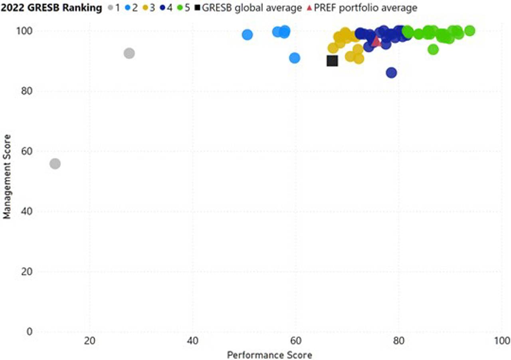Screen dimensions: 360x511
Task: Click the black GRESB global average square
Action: [332, 61]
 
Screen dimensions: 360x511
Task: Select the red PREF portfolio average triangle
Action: [376, 41]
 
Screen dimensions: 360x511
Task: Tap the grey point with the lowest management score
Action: [55, 164]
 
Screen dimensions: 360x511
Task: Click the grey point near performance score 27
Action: [129, 53]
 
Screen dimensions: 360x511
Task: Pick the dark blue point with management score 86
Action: [391, 73]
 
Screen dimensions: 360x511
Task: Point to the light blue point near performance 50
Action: [248, 35]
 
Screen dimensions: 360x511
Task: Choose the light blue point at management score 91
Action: [295, 58]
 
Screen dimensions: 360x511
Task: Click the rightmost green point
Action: [470, 31]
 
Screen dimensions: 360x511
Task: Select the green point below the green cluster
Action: [433, 49]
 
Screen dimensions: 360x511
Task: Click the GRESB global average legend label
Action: [252, 8]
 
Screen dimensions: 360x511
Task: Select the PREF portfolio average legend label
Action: [365, 8]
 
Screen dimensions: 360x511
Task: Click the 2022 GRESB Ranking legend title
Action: [51, 8]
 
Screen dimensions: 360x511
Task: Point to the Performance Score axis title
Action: [269, 354]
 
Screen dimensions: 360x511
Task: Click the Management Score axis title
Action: [6, 182]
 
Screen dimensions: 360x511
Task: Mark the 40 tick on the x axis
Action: [193, 341]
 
